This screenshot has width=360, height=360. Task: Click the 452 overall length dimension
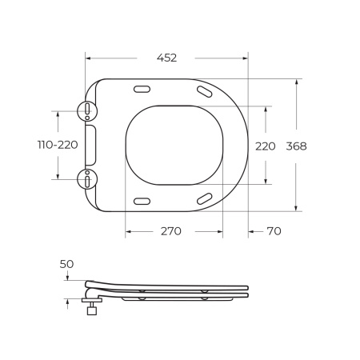pyautogui.click(x=166, y=58)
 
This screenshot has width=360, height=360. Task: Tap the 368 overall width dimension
pyautogui.click(x=296, y=146)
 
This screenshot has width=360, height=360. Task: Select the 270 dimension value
pyautogui.click(x=170, y=231)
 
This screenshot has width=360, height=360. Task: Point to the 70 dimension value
pyautogui.click(x=273, y=231)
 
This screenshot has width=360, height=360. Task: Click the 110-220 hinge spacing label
pyautogui.click(x=57, y=145)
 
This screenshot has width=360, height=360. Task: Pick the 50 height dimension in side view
pyautogui.click(x=66, y=264)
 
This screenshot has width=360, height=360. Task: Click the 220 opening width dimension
pyautogui.click(x=265, y=146)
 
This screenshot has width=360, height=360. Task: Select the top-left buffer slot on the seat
pyautogui.click(x=142, y=90)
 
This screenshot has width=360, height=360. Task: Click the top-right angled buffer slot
pyautogui.click(x=204, y=93)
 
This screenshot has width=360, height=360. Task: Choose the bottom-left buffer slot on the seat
pyautogui.click(x=142, y=200)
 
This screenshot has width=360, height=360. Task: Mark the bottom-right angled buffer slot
pyautogui.click(x=204, y=198)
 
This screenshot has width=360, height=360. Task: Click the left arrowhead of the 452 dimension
pyautogui.click(x=88, y=58)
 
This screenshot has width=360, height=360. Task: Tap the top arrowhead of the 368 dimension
pyautogui.click(x=297, y=82)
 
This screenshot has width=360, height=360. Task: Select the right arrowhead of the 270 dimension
pyautogui.click(x=220, y=231)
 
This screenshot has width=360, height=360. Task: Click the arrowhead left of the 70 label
pyautogui.click(x=251, y=231)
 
